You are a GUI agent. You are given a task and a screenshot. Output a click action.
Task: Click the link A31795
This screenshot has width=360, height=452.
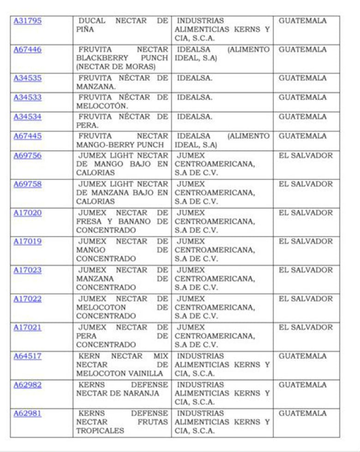[x=27, y=21]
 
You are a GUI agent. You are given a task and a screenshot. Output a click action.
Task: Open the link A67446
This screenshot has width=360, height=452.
[x=27, y=49]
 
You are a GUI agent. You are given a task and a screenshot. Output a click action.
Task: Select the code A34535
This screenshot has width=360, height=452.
[x=27, y=78]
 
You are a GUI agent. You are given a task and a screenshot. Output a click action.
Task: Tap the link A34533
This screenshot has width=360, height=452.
[x=27, y=97]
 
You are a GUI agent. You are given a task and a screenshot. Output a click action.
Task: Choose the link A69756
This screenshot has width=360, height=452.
[x=27, y=156]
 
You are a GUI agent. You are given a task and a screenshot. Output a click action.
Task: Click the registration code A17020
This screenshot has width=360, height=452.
[x=27, y=213]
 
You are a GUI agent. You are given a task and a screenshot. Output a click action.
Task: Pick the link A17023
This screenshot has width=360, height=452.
[x=27, y=270]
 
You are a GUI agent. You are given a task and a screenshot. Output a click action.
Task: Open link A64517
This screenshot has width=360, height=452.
[x=27, y=356]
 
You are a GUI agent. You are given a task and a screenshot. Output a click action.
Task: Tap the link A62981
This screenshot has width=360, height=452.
[x=27, y=413]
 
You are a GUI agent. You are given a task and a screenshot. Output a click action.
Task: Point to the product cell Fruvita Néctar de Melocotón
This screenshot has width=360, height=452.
[x=122, y=102]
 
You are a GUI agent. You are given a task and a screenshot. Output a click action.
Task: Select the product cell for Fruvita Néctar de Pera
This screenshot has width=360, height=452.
[x=122, y=121]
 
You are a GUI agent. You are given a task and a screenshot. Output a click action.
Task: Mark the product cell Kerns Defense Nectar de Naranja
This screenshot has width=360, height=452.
[x=122, y=393]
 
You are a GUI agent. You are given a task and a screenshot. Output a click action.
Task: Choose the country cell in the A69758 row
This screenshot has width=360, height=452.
[x=306, y=184]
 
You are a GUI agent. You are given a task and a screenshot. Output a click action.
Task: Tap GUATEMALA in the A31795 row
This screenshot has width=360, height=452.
[x=302, y=21]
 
